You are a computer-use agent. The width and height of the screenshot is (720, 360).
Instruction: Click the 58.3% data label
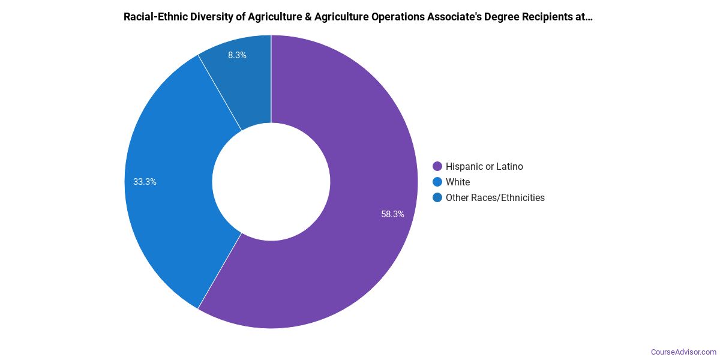pos(392,214)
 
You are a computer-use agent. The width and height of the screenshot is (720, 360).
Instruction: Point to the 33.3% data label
pos(145,182)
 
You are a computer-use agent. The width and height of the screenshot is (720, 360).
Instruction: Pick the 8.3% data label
pos(237,55)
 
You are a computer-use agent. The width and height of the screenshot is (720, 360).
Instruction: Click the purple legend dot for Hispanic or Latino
pos(437,166)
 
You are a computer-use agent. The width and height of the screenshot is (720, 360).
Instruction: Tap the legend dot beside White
pos(437,182)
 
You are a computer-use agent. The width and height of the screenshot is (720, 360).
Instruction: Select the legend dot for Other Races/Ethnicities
pos(437,197)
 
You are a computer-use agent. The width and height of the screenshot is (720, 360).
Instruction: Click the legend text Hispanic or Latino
pos(484,166)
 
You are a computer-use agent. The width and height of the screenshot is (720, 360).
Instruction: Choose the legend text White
pos(458,182)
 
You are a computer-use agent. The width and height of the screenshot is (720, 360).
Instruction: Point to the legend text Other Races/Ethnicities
pos(495,197)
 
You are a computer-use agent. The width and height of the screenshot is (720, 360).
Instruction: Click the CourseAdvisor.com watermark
pos(683,352)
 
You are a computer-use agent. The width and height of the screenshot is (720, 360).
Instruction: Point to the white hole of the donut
pos(271,182)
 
